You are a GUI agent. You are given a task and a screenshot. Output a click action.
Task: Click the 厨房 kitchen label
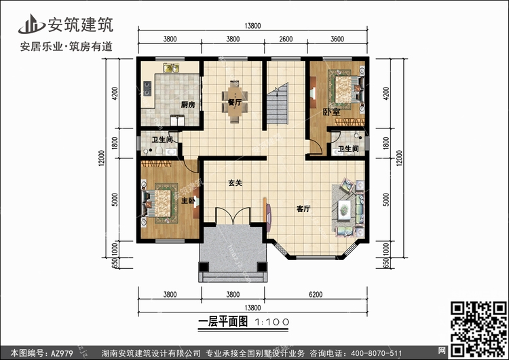point(188,105)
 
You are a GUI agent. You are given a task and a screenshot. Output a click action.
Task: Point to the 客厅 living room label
point(303,209)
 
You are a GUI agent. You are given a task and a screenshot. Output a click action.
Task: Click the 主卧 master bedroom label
point(189,201)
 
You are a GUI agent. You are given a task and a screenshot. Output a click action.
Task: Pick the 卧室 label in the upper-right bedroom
point(331,111)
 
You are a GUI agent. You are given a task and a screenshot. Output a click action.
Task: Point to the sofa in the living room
point(346,204)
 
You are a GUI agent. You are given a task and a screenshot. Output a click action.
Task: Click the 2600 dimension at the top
point(286,39)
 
